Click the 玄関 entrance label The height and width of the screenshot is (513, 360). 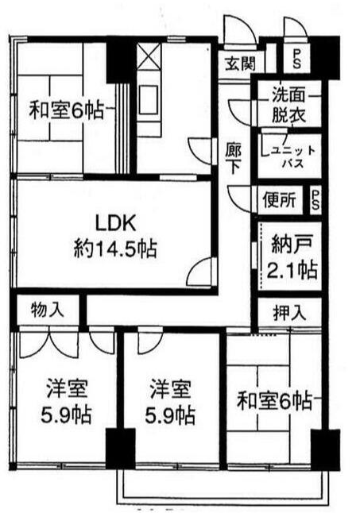[x=240, y=63]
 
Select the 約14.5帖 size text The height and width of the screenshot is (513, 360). [x=115, y=249]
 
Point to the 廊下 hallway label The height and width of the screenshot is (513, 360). [x=234, y=159]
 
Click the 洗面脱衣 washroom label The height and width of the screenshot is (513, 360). [x=288, y=104]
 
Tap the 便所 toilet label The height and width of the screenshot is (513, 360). [x=280, y=199]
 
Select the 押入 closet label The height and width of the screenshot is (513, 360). [x=289, y=312]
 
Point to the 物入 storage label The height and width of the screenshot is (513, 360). [x=47, y=309]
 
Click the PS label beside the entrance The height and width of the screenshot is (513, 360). [x=297, y=59]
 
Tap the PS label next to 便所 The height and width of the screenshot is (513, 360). [x=315, y=200]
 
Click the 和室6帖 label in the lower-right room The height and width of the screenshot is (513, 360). [x=274, y=401]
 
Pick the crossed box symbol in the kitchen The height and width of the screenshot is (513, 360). [x=149, y=56]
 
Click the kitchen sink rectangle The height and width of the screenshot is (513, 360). [x=149, y=99]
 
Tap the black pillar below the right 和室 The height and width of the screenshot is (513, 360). [x=325, y=449]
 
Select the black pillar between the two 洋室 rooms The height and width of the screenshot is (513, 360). [x=121, y=448]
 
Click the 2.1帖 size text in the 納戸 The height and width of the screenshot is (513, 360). [x=292, y=269]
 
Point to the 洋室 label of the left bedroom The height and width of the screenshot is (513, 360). [x=67, y=388]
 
